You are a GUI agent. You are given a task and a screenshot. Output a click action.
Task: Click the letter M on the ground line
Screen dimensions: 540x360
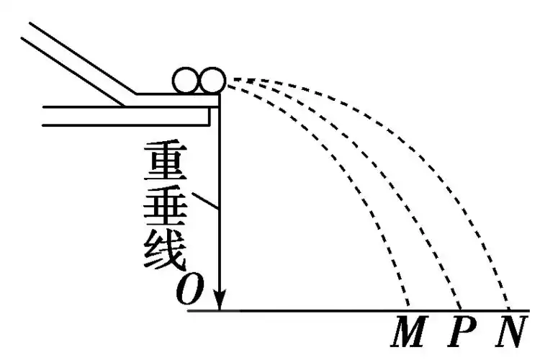tap(409, 331)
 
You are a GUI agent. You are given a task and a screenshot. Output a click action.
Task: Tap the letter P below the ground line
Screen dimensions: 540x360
tap(462, 331)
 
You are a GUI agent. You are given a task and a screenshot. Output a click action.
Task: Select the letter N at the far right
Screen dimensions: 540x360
tap(512, 331)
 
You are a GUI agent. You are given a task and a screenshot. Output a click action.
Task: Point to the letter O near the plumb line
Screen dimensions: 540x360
tap(190, 289)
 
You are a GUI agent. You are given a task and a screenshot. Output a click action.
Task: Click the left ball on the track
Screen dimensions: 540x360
tap(186, 81)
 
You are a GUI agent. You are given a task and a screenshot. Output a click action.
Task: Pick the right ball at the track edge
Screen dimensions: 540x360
tap(212, 81)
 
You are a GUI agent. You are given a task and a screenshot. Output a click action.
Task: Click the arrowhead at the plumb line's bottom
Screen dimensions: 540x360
tap(220, 300)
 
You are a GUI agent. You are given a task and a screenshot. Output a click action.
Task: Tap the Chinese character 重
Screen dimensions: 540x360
tap(166, 161)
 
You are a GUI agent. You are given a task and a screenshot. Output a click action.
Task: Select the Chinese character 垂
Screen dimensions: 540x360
tap(166, 207)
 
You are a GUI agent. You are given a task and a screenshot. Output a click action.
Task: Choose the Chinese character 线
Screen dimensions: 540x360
tap(166, 250)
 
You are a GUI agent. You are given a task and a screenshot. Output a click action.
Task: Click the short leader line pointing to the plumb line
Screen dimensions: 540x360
tap(205, 201)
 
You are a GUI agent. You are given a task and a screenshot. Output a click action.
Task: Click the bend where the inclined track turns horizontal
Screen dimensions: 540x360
tap(136, 94)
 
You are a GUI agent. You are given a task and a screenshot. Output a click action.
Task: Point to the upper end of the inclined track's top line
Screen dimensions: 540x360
tap(30, 23)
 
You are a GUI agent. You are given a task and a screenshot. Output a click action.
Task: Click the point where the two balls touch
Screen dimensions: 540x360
tap(199, 81)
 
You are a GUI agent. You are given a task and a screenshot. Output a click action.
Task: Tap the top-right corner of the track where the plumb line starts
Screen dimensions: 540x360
tap(220, 94)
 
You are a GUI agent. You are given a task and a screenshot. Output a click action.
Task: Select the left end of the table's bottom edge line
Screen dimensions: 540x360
tap(42, 125)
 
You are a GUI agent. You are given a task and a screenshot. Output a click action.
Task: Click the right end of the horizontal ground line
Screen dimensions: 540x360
tap(529, 311)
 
